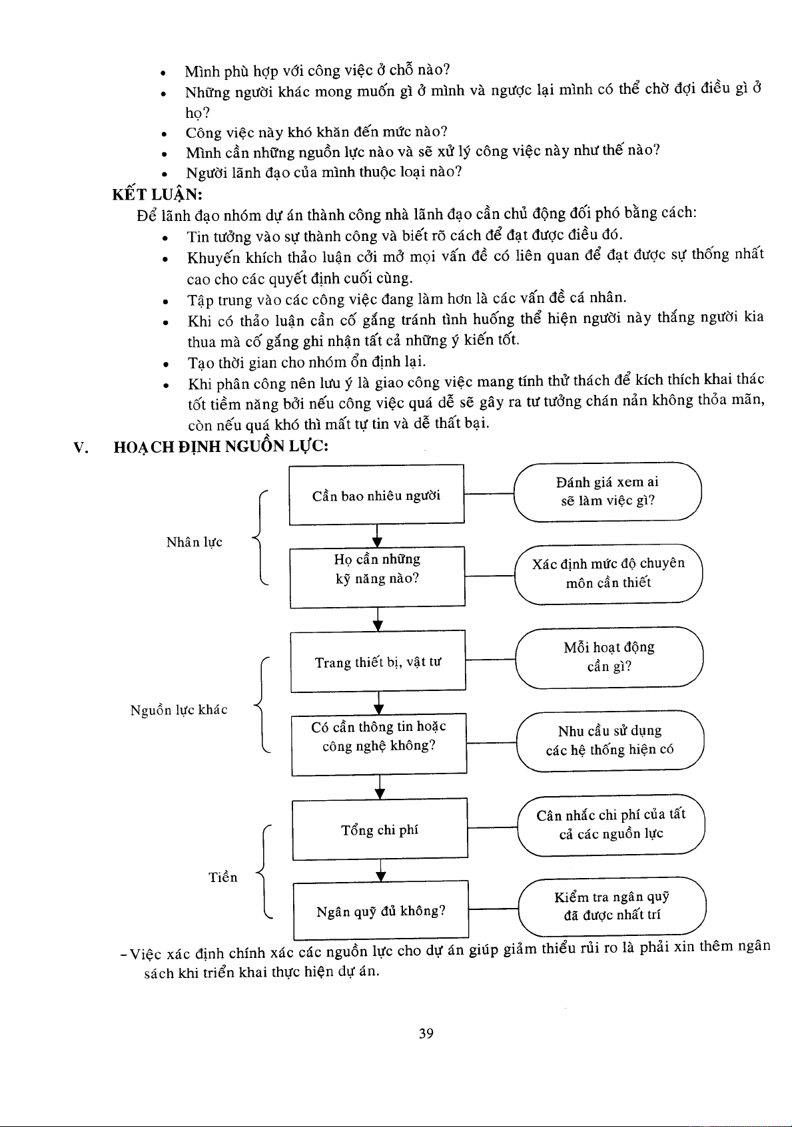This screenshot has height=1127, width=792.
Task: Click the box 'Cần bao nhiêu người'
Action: pos(376,495)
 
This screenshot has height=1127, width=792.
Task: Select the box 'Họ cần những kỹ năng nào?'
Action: pos(377,576)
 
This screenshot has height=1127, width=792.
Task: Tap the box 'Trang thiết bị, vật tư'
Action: pos(378,661)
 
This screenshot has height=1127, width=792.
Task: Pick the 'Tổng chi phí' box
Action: pos(380,829)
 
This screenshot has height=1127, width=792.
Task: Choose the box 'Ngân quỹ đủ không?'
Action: pos(381,911)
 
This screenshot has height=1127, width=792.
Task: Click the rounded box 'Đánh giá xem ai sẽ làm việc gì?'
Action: pos(607,491)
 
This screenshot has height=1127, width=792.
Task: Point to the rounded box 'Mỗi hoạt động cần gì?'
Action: pos(609,657)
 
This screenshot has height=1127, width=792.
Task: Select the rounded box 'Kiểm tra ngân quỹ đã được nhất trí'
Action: pos(611,906)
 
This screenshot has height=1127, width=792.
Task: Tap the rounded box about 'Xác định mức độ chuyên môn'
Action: pos(608,573)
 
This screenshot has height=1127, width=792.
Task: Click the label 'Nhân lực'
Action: pos(195,542)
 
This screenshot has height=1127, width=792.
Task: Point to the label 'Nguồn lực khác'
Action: pos(179,710)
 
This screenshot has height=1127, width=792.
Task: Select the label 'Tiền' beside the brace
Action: pos(223,877)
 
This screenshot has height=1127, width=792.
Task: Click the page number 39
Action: pos(426,1033)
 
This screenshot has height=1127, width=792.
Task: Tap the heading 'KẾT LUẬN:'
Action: pos(157,194)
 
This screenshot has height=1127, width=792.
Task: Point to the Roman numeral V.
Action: pos(81,447)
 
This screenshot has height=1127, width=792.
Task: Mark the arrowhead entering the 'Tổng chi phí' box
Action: pos(380,793)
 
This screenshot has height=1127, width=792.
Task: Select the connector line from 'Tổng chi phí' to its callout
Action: pos(493,828)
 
